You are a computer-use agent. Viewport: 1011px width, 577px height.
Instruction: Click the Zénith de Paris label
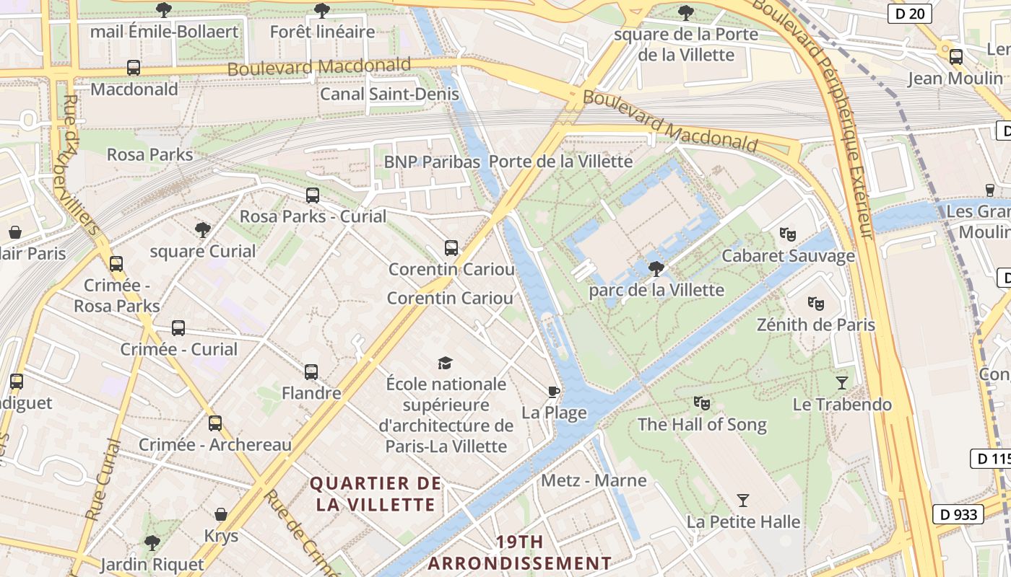click(x=816, y=325)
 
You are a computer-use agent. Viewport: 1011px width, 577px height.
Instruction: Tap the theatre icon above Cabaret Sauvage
click(x=787, y=234)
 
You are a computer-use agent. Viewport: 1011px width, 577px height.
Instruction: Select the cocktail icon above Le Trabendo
click(x=842, y=382)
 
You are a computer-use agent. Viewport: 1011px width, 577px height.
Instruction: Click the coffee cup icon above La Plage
click(x=554, y=392)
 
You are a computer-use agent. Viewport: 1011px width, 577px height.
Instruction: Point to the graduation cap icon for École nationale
click(x=446, y=362)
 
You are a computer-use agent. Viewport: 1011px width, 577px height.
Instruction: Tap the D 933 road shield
click(x=958, y=514)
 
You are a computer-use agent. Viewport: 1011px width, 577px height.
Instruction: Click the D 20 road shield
click(x=910, y=13)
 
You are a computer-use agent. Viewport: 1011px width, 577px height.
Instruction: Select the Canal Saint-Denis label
click(x=389, y=94)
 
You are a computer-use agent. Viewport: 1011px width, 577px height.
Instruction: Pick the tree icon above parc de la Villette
click(x=656, y=269)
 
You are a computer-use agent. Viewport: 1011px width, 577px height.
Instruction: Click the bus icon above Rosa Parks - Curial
click(x=313, y=195)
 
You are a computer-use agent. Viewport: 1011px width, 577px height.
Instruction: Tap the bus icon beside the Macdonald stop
click(x=134, y=68)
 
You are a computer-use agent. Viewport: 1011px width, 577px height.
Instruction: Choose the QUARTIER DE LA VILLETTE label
click(x=376, y=493)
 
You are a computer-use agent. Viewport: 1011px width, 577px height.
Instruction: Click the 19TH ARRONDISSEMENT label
click(x=520, y=552)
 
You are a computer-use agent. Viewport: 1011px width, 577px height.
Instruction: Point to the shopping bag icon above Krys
click(x=221, y=514)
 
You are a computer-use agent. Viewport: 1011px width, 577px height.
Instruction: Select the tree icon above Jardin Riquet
click(x=152, y=542)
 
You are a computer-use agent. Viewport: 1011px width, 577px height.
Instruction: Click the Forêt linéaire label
click(x=322, y=32)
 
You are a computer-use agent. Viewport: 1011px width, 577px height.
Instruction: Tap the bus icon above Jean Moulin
click(x=956, y=56)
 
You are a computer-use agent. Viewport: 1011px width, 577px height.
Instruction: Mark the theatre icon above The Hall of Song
click(x=701, y=402)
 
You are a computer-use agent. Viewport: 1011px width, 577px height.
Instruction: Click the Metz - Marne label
click(x=594, y=480)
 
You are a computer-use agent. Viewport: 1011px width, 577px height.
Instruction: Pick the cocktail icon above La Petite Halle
click(x=743, y=500)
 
